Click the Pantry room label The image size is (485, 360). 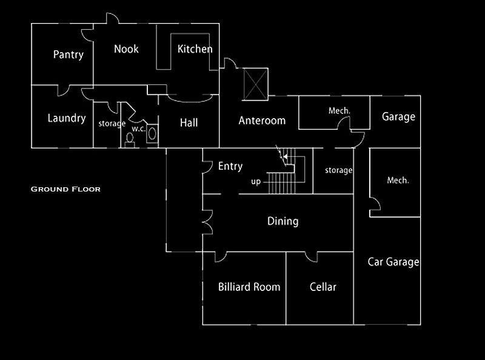[68, 55]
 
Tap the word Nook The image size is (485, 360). [126, 49]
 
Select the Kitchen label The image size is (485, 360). [195, 49]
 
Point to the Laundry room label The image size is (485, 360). [66, 118]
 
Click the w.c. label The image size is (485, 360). [138, 128]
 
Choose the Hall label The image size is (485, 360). [189, 122]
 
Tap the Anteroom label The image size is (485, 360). [262, 120]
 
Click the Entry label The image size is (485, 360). [230, 166]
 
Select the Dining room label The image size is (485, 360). [283, 221]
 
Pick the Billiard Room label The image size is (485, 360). [249, 287]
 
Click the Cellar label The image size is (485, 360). [323, 287]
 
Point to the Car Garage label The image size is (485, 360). [393, 262]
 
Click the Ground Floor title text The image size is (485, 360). [65, 189]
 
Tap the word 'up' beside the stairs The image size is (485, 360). [256, 181]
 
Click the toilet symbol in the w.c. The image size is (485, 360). [129, 139]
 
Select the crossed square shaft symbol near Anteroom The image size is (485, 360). [255, 82]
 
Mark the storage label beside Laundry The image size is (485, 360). [112, 124]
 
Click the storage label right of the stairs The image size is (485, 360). [338, 170]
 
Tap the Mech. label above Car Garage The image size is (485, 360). [398, 180]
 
